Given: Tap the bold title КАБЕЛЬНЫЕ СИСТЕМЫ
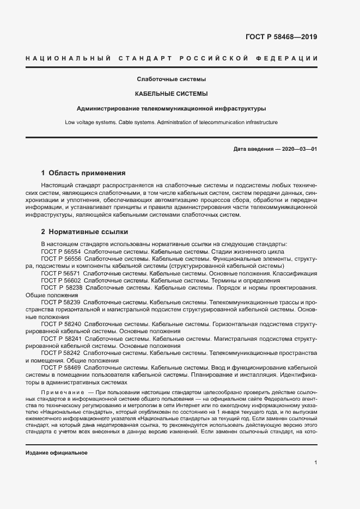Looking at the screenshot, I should click(x=171, y=94).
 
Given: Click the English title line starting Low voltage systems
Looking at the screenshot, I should click(x=171, y=122).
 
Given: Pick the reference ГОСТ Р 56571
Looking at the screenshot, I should click(x=60, y=273).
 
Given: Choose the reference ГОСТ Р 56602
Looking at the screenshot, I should click(x=60, y=280).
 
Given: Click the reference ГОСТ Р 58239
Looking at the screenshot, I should click(x=60, y=302).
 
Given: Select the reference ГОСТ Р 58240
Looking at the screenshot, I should click(x=60, y=324).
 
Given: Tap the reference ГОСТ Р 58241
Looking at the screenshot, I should click(x=60, y=339).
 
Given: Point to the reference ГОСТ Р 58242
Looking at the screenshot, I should click(x=60, y=353).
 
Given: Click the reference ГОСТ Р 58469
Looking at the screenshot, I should click(x=60, y=368).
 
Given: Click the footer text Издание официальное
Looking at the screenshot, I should click(x=57, y=453).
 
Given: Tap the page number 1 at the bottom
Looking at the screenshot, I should click(x=316, y=462).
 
